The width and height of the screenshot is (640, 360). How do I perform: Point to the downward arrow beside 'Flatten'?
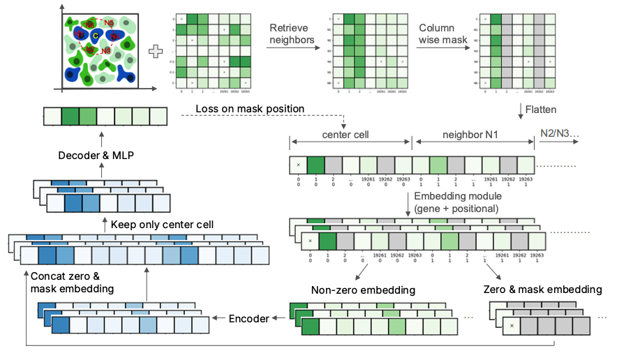pos(521,110)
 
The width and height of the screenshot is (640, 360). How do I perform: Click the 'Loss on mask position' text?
pos(250,109)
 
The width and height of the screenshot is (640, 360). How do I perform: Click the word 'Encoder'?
pos(249,319)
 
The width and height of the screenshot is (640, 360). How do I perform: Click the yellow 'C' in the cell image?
pos(96,36)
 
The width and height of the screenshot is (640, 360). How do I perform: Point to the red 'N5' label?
pos(108,23)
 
